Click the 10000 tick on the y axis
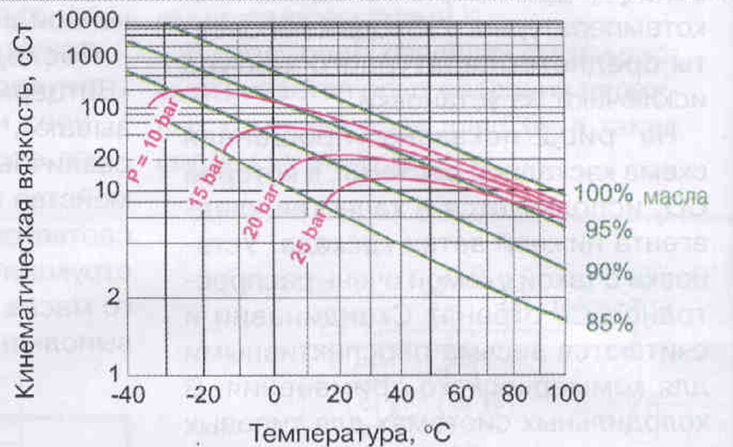click(86, 22)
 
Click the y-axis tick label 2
click(112, 297)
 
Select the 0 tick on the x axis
click(273, 396)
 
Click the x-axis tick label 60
click(485, 396)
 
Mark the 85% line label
click(609, 323)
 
